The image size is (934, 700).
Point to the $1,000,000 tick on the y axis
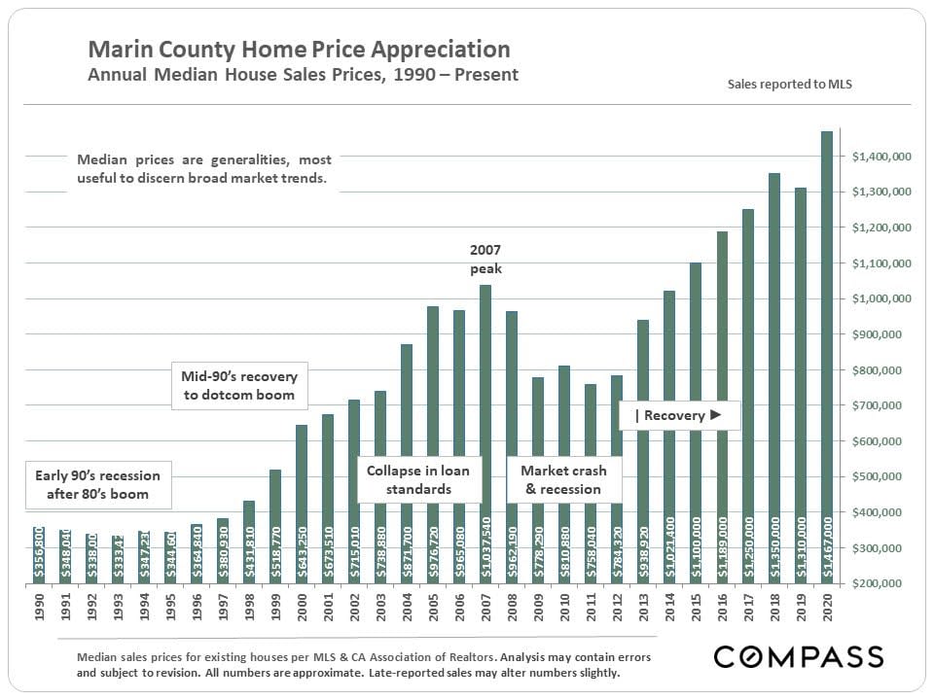tap(881, 299)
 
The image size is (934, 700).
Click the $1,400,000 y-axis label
tap(881, 157)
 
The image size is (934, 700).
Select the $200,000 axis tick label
tap(881, 584)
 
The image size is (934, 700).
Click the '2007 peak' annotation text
tap(485, 260)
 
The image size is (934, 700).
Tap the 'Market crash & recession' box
tap(563, 479)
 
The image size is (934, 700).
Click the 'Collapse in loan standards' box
tap(418, 479)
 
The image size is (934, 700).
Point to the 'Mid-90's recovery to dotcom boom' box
tap(239, 385)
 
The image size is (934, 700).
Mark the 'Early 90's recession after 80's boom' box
tap(97, 484)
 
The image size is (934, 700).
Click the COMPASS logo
tap(799, 656)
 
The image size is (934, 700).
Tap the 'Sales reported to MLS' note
tap(790, 85)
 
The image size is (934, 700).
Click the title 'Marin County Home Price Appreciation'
tap(299, 50)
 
